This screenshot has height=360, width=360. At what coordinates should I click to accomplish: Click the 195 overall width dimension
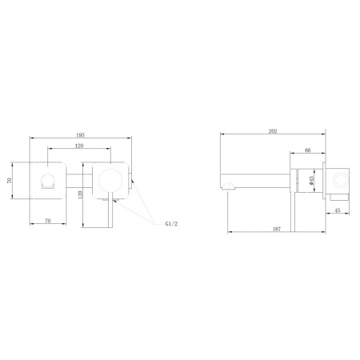coord(80,135)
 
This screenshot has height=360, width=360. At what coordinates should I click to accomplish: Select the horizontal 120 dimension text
coord(79,146)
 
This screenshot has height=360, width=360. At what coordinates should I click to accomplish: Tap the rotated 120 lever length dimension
coord(81,194)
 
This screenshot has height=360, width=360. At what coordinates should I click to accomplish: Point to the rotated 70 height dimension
coord(10,181)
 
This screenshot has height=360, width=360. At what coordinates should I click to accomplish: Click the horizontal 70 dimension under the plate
coord(48,221)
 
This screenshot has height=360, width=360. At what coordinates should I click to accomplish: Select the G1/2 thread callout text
coord(171,224)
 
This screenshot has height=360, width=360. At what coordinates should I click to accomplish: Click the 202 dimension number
coord(273,131)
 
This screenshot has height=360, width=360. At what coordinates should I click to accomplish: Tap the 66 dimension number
coord(307,150)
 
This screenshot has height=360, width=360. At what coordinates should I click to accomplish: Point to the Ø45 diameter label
coord(312,180)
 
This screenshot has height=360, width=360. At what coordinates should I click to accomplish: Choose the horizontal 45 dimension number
coord(338,210)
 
